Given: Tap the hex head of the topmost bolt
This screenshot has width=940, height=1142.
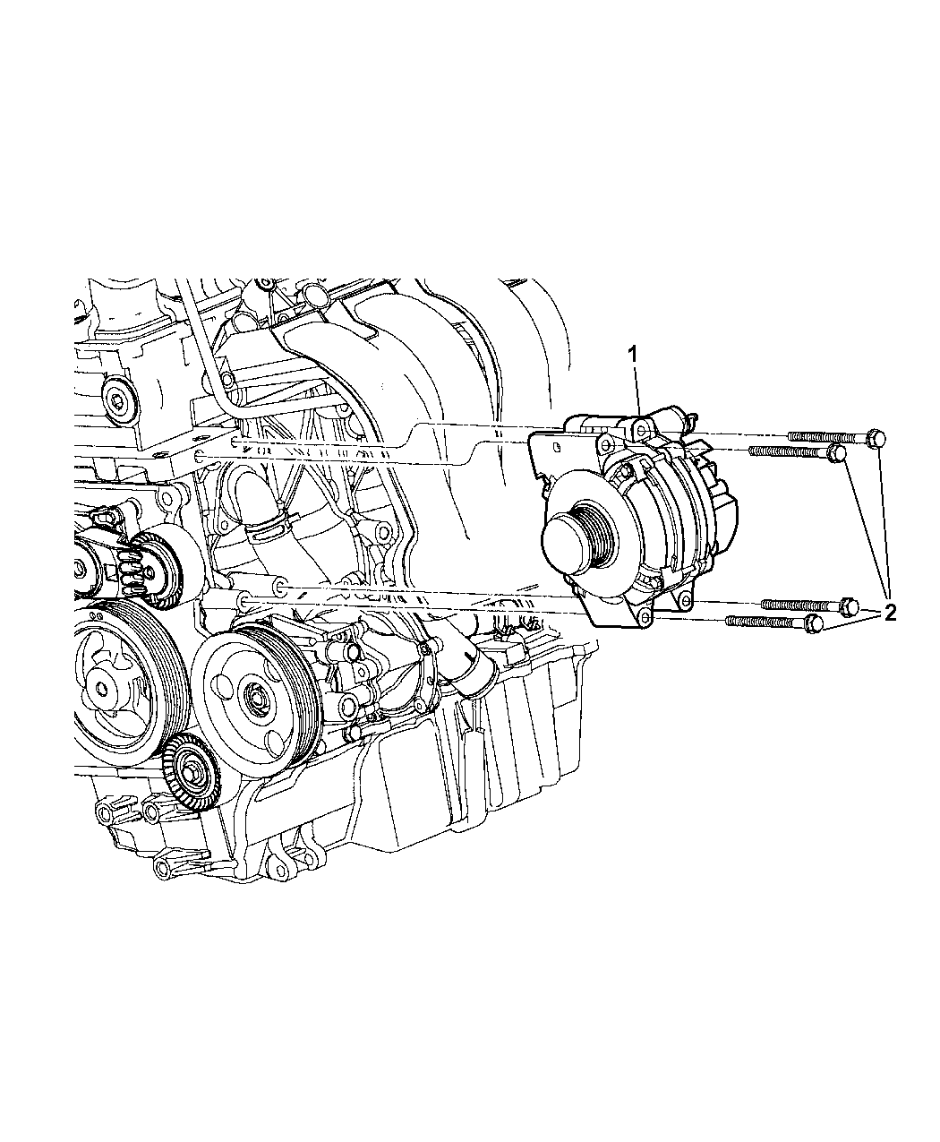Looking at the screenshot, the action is click(876, 438).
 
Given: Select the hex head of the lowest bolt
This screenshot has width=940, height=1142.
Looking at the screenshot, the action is click(815, 623).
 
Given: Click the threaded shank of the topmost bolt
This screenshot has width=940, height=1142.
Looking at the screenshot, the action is click(827, 436).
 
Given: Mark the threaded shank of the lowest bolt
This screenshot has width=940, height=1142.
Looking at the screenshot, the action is click(765, 622).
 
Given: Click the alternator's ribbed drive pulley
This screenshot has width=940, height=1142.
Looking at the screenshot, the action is click(595, 526).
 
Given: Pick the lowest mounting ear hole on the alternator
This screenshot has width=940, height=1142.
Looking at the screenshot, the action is click(645, 617).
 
